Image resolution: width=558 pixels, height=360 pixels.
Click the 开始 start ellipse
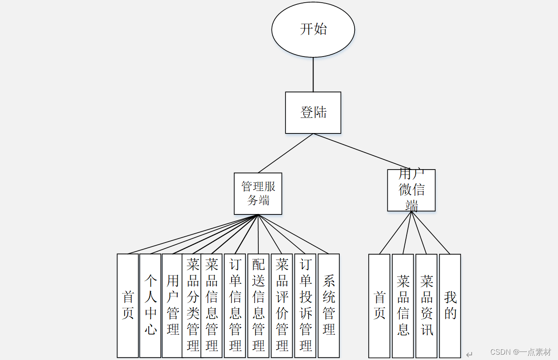(x=313, y=29)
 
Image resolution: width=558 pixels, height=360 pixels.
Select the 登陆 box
(x=313, y=113)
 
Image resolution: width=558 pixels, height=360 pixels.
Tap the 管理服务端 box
(x=258, y=194)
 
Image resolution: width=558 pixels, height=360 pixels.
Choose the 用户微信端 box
(x=411, y=190)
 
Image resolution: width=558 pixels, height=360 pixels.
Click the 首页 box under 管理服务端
(x=128, y=306)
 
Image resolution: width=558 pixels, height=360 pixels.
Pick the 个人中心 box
(x=150, y=306)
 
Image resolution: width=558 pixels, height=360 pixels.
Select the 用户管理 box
(x=172, y=306)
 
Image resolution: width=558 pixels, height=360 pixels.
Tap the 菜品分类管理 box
(x=192, y=306)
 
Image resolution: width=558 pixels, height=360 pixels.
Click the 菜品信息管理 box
(x=212, y=306)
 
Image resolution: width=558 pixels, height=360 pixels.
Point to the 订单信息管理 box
(x=235, y=306)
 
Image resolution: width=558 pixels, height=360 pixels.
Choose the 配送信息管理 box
(x=258, y=306)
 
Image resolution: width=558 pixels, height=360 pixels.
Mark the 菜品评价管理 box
(x=282, y=306)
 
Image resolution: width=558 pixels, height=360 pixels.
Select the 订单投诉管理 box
(x=305, y=306)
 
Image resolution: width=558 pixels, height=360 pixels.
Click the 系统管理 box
(x=329, y=306)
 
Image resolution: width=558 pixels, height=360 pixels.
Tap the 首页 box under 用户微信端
(x=379, y=306)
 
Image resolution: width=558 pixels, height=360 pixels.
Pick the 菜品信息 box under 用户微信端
(x=403, y=306)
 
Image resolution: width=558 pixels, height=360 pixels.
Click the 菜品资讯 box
(x=427, y=306)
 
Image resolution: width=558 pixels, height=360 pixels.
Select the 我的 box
(x=450, y=306)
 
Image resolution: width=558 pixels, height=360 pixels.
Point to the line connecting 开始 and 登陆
(x=313, y=75)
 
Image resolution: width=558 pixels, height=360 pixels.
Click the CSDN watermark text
(x=521, y=352)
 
